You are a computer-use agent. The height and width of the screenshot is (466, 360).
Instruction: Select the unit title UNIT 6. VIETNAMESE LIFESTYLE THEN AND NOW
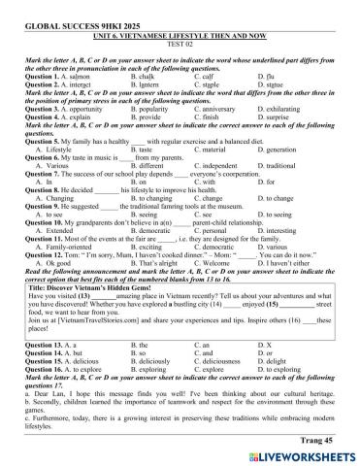pyautogui.click(x=180, y=27)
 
